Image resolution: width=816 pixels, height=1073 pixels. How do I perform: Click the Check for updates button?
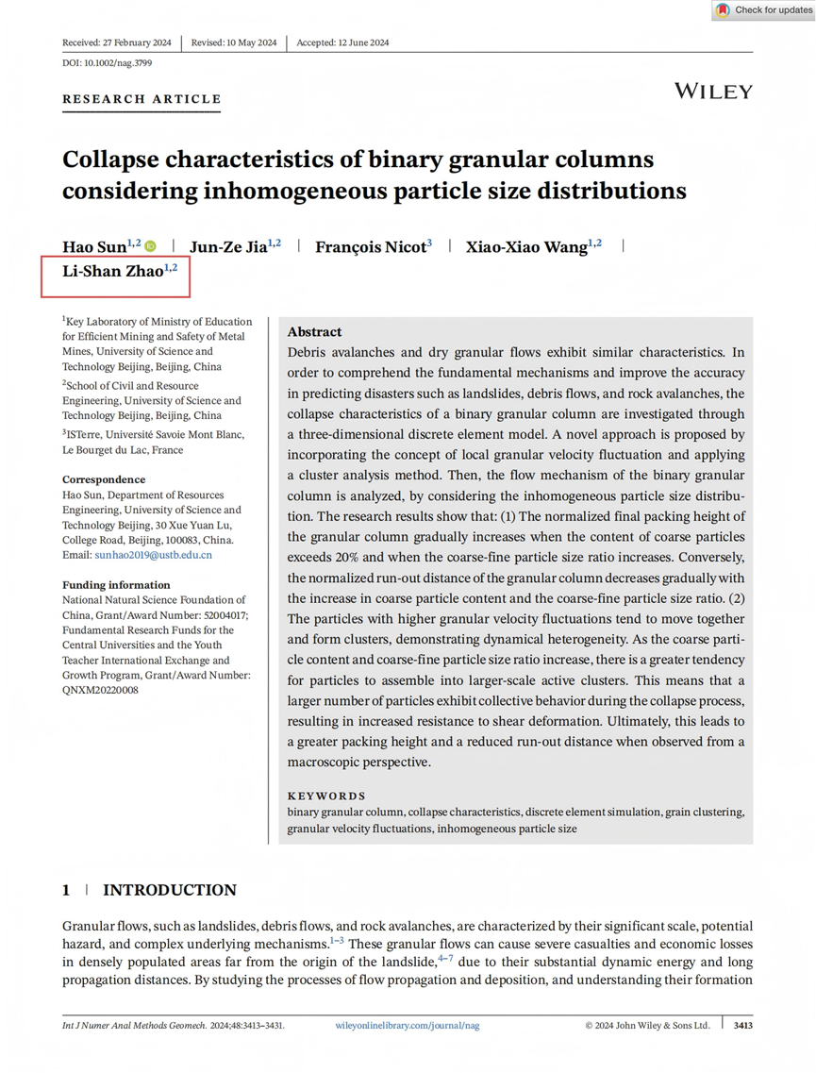pyautogui.click(x=763, y=10)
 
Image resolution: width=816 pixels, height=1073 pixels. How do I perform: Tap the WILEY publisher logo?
pyautogui.click(x=713, y=92)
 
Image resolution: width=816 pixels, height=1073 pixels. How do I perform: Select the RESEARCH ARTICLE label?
pyautogui.click(x=142, y=99)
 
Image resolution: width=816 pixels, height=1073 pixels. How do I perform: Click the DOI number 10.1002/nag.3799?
pyautogui.click(x=118, y=63)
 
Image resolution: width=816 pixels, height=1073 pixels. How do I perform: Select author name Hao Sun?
pyautogui.click(x=94, y=247)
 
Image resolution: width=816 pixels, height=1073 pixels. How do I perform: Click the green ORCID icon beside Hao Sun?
pyautogui.click(x=150, y=247)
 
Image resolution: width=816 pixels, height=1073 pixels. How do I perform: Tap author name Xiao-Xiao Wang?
pyautogui.click(x=526, y=247)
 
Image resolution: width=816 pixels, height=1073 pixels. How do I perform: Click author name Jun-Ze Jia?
pyautogui.click(x=228, y=247)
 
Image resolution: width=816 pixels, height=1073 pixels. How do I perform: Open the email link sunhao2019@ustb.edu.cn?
pyautogui.click(x=154, y=555)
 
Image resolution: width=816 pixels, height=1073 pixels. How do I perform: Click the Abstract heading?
pyautogui.click(x=314, y=332)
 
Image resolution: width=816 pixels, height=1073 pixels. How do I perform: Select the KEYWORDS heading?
pyautogui.click(x=326, y=796)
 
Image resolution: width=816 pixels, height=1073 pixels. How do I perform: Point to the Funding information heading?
pyautogui.click(x=116, y=585)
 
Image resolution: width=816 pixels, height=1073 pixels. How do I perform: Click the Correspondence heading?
pyautogui.click(x=104, y=479)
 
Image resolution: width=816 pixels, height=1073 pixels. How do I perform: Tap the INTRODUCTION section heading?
pyautogui.click(x=169, y=890)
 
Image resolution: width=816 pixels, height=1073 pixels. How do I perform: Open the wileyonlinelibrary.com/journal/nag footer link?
pyautogui.click(x=407, y=1025)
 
